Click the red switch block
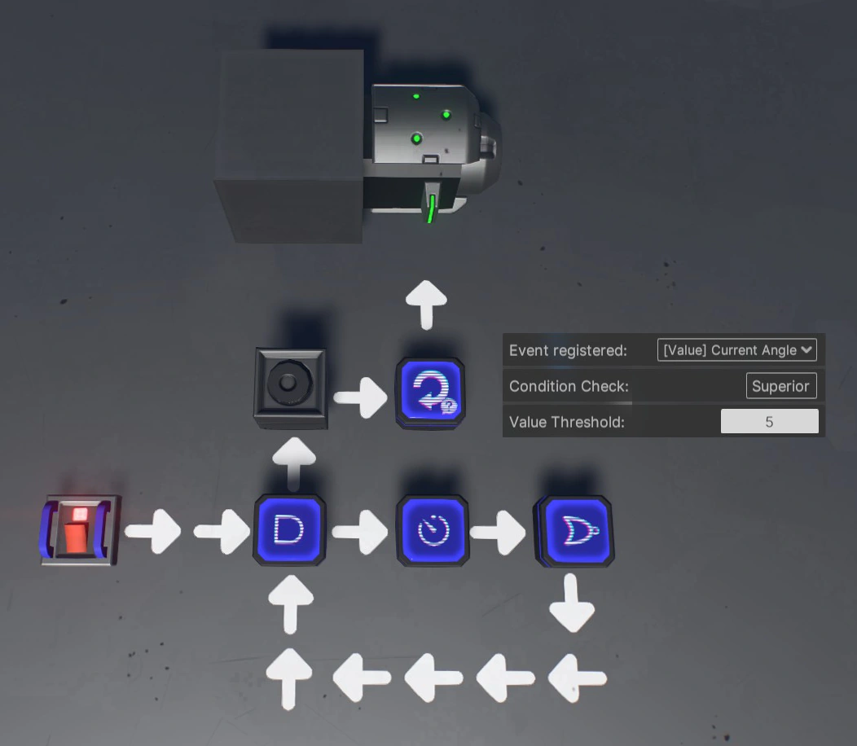[x=79, y=530]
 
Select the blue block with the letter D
[x=289, y=530]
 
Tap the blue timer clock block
[x=433, y=531]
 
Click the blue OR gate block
[x=574, y=530]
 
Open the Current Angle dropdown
[x=736, y=350]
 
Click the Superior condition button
[x=780, y=386]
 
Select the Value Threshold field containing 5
[x=769, y=422]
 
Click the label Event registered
[x=568, y=350]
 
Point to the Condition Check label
[x=569, y=386]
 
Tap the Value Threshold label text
[x=566, y=422]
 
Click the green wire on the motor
[x=431, y=207]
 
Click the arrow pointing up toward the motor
[x=427, y=304]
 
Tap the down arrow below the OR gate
[x=572, y=603]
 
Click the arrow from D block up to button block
[x=293, y=462]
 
